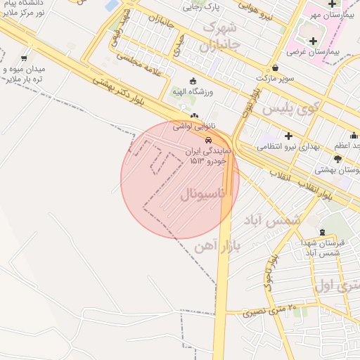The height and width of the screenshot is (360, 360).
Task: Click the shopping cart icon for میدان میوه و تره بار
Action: pos(25,58)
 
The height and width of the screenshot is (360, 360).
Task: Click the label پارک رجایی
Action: pos(202,7)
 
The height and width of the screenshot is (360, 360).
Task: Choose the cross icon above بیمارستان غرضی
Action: pos(313,41)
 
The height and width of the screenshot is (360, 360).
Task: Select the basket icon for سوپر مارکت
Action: pos(274,68)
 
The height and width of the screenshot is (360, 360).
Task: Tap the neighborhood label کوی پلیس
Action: pos(290,109)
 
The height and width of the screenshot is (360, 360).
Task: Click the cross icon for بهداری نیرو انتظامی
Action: pos(288,135)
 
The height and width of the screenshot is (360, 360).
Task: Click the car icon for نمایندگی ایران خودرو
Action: pos(207,140)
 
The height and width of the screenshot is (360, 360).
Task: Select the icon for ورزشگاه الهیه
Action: pos(194,80)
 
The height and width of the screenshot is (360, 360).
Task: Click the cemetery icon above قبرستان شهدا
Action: pos(322,232)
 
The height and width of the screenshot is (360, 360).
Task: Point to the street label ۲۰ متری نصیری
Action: pos(271,309)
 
